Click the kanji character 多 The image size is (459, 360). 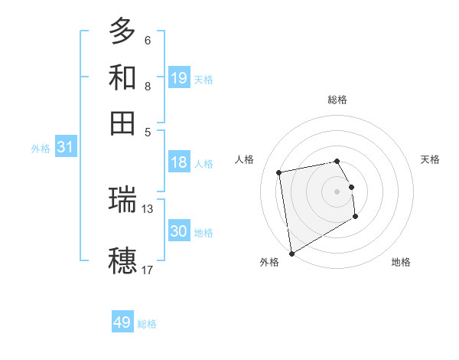(x=122, y=31)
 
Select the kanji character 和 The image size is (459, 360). (x=122, y=77)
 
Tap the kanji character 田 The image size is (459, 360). (x=122, y=123)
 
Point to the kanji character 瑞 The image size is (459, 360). (x=122, y=199)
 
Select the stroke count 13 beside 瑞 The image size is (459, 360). (x=148, y=208)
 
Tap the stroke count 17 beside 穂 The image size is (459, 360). (x=148, y=270)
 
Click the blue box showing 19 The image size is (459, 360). (x=179, y=77)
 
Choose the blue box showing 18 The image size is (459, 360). (x=179, y=162)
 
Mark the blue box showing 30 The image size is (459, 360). (x=179, y=231)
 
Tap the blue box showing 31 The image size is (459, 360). (x=65, y=147)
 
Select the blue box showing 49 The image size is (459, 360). (x=122, y=322)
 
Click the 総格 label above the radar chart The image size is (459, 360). (x=337, y=100)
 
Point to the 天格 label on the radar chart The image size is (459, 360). (x=431, y=159)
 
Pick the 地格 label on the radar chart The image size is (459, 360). (x=401, y=263)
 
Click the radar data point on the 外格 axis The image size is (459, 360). (x=291, y=253)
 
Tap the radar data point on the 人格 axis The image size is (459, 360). (x=280, y=172)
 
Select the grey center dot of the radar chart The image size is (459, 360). (x=337, y=191)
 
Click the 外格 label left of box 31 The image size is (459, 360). (x=40, y=149)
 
